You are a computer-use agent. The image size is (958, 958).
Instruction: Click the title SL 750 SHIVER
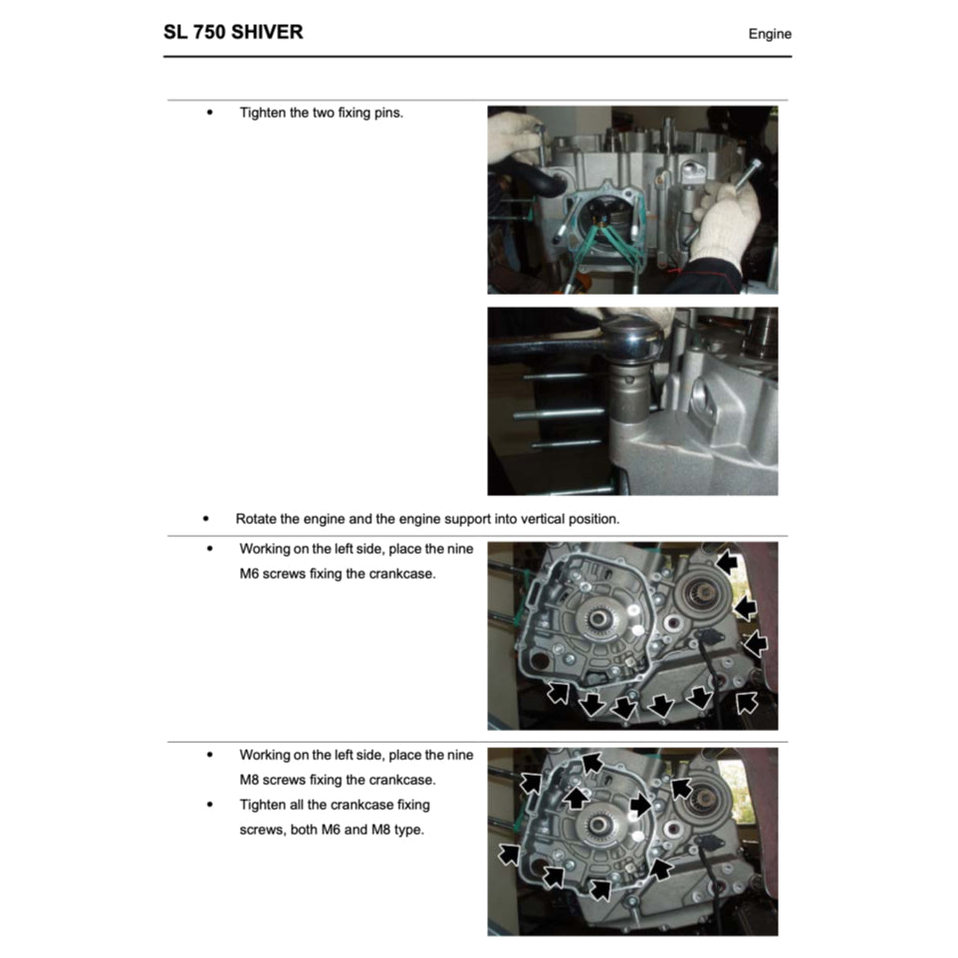233,32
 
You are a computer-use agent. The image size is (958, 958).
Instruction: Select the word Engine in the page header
770,34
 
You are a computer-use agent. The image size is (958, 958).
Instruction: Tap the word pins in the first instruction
387,113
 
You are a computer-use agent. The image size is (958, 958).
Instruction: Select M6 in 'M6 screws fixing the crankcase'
250,575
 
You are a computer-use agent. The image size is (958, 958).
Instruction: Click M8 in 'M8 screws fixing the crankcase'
250,780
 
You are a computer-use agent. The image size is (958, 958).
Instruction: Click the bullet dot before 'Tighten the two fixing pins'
209,113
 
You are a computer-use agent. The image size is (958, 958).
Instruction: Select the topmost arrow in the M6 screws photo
727,564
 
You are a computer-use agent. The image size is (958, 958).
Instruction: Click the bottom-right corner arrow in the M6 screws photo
746,703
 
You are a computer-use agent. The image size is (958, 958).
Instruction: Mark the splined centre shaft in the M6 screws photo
600,620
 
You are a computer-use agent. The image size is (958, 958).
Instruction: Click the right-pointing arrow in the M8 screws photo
641,804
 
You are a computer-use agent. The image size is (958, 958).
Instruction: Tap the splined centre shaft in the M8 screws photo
600,825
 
